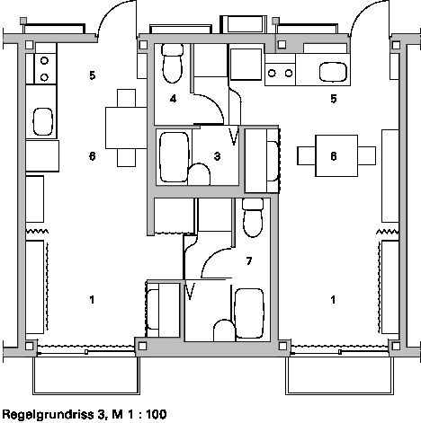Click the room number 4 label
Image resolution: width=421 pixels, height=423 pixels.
[173, 99]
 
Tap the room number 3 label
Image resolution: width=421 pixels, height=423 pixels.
[217, 156]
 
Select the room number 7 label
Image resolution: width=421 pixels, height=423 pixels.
[249, 261]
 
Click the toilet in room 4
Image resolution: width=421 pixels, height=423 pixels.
[173, 63]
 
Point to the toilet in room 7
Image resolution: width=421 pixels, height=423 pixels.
[253, 217]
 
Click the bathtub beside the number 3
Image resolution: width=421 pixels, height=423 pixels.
[175, 157]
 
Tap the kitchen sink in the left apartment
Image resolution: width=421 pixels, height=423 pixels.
[42, 121]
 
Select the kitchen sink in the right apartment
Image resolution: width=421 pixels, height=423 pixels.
[333, 72]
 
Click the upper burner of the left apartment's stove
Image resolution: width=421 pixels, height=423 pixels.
[44, 61]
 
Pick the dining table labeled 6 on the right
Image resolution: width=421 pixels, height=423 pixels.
[336, 155]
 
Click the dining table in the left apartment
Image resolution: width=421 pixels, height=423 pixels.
[126, 128]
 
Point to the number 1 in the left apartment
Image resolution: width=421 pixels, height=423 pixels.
[92, 299]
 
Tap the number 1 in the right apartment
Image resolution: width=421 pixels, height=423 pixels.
[333, 299]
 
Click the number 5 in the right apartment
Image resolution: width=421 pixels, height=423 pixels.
[334, 99]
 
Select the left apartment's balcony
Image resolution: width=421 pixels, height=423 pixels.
[86, 375]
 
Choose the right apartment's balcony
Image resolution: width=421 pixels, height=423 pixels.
[339, 375]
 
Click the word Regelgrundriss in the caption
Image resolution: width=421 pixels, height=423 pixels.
[48, 415]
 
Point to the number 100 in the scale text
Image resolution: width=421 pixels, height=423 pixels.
[157, 414]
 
